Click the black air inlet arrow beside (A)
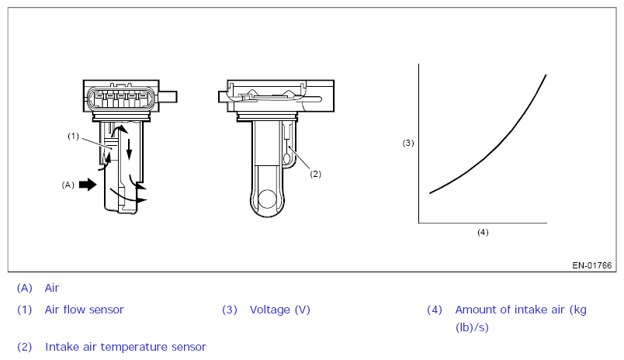(x=88, y=185)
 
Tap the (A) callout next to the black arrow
(x=68, y=185)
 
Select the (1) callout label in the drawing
(x=73, y=136)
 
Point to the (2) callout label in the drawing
(x=315, y=174)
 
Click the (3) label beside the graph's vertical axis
(x=408, y=143)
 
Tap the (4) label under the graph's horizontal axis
(x=483, y=232)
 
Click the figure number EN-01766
(x=591, y=265)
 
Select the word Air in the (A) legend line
(x=52, y=288)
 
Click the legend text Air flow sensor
(x=84, y=310)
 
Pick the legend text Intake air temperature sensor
(x=126, y=347)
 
